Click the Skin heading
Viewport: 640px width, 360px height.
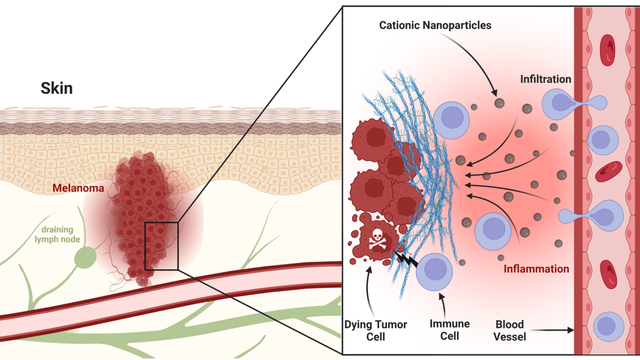(57, 88)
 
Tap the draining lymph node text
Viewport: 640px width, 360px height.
(61, 234)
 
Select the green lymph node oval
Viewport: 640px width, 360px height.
(85, 257)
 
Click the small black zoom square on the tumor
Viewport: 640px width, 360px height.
(161, 246)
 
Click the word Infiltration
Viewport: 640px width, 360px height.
(546, 79)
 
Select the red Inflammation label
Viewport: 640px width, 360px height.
(536, 269)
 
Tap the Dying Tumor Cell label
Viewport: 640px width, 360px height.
(376, 330)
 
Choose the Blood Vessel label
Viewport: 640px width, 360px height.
(511, 330)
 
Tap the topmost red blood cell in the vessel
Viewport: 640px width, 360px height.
(607, 50)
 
